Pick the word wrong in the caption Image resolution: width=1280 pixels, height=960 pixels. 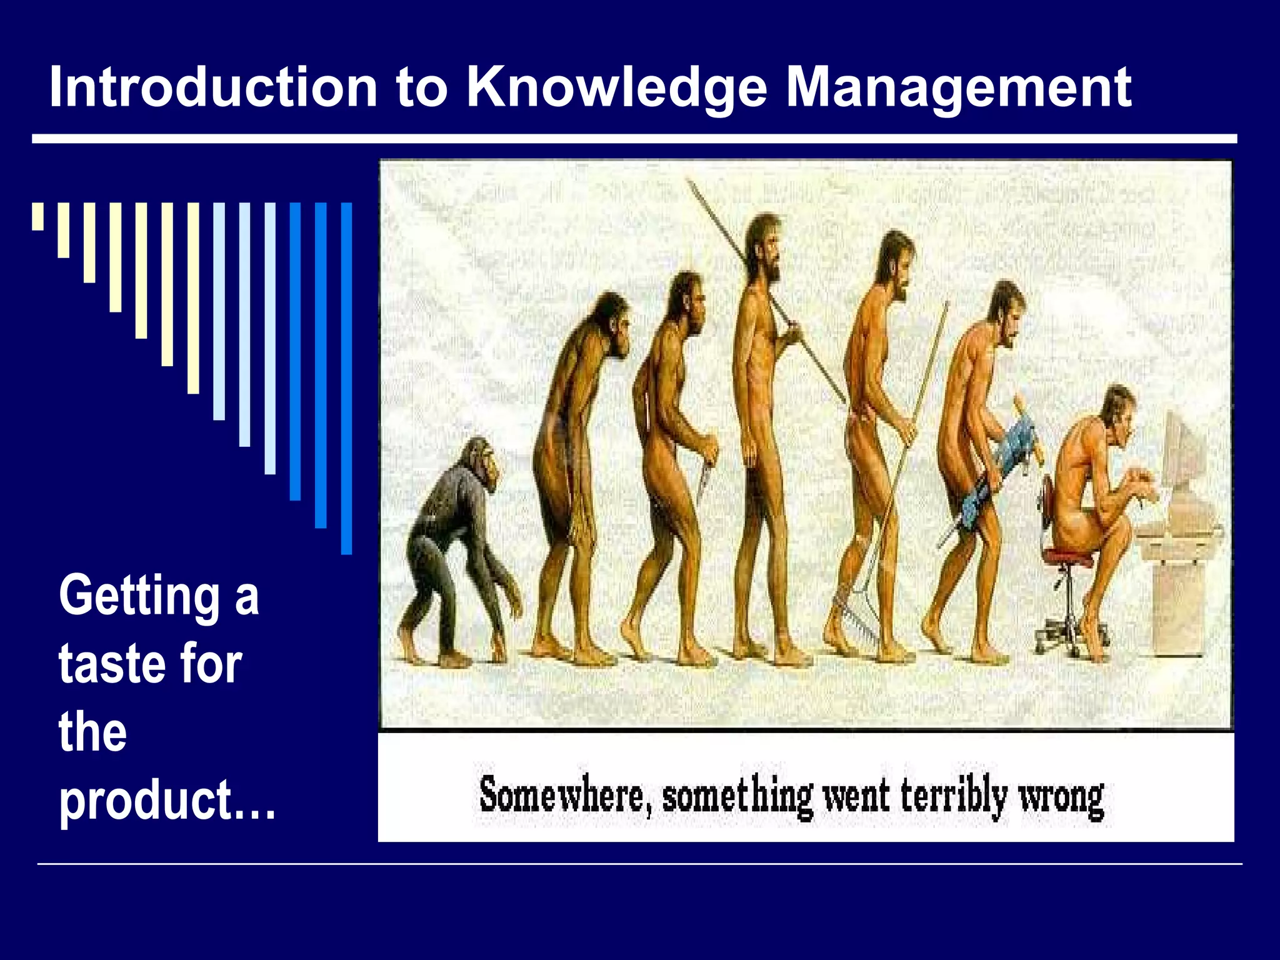coord(1061,798)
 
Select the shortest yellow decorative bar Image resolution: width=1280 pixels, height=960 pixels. coord(38,216)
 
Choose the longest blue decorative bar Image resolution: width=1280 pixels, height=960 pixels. coord(346,378)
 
